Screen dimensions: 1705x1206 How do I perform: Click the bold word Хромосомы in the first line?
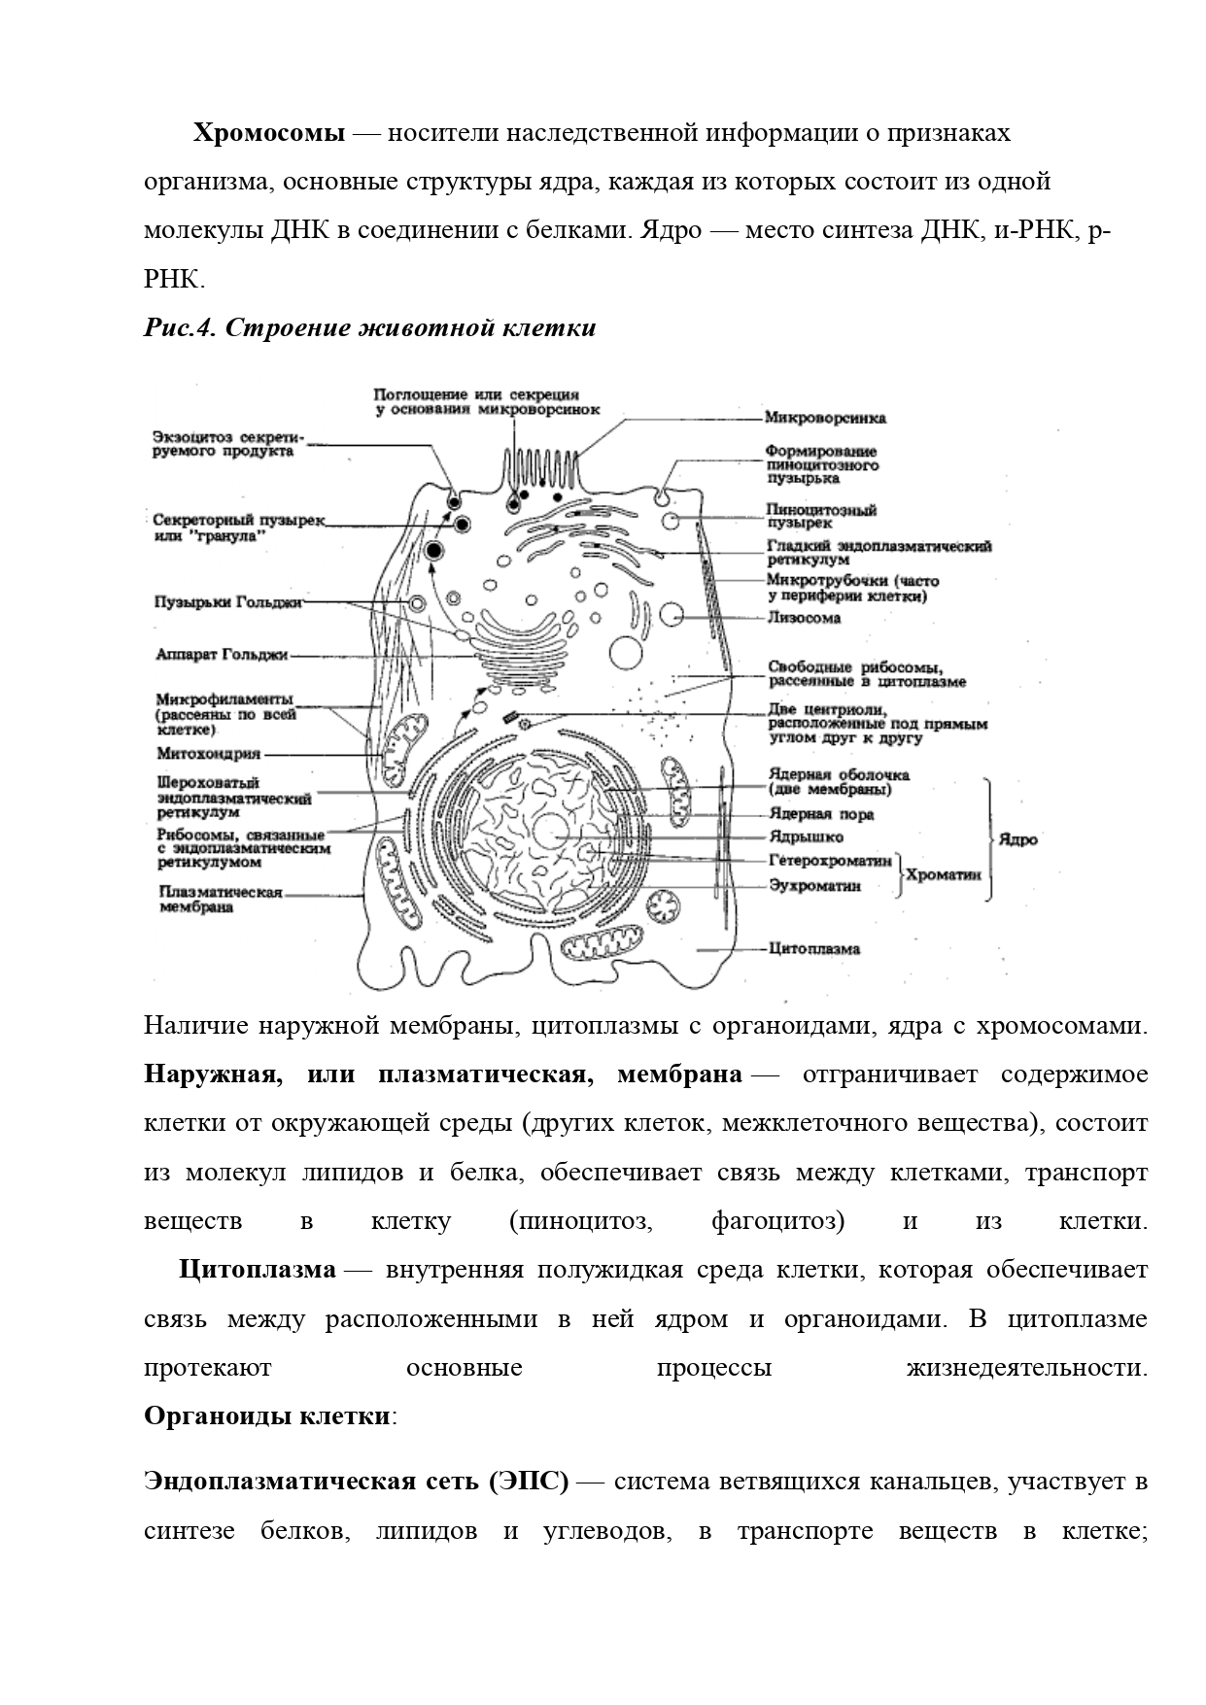click(268, 132)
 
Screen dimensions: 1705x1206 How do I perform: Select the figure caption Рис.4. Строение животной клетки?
click(369, 328)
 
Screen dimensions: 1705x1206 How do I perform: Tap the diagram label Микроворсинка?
click(825, 419)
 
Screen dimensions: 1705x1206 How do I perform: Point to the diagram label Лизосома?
click(804, 618)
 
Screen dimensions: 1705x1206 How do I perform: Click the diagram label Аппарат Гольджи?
click(223, 655)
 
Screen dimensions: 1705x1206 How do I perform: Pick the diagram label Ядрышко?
click(806, 836)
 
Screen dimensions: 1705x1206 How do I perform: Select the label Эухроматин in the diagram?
click(814, 885)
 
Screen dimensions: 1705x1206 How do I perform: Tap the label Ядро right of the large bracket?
click(1017, 839)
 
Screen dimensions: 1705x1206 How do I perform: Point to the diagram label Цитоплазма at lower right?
click(814, 948)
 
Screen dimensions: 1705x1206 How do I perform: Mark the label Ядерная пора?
click(821, 814)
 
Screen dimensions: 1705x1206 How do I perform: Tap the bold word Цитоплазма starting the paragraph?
click(258, 1270)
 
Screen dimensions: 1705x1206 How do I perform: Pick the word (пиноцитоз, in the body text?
click(580, 1221)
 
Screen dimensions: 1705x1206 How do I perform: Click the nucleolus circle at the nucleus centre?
click(552, 833)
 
